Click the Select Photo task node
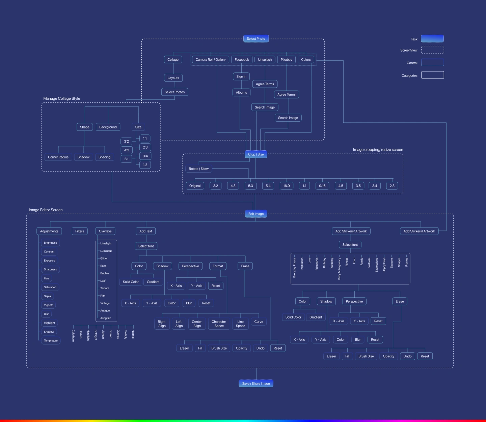tap(256, 39)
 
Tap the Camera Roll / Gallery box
tap(211, 60)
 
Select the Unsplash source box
tap(265, 60)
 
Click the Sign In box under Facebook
tap(241, 77)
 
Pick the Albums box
tap(241, 92)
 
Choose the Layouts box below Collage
tap(173, 78)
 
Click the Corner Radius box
tap(58, 157)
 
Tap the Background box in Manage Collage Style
tap(108, 127)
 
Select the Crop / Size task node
tap(256, 154)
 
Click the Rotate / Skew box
tap(198, 169)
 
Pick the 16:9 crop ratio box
tap(287, 186)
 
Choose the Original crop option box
tap(195, 186)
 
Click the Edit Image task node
tap(256, 214)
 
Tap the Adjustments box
tap(49, 231)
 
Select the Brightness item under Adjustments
tap(50, 243)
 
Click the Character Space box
tap(219, 324)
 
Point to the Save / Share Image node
tap(256, 384)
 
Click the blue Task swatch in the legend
tap(432, 39)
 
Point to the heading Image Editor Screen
tap(46, 210)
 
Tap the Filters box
tap(80, 231)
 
